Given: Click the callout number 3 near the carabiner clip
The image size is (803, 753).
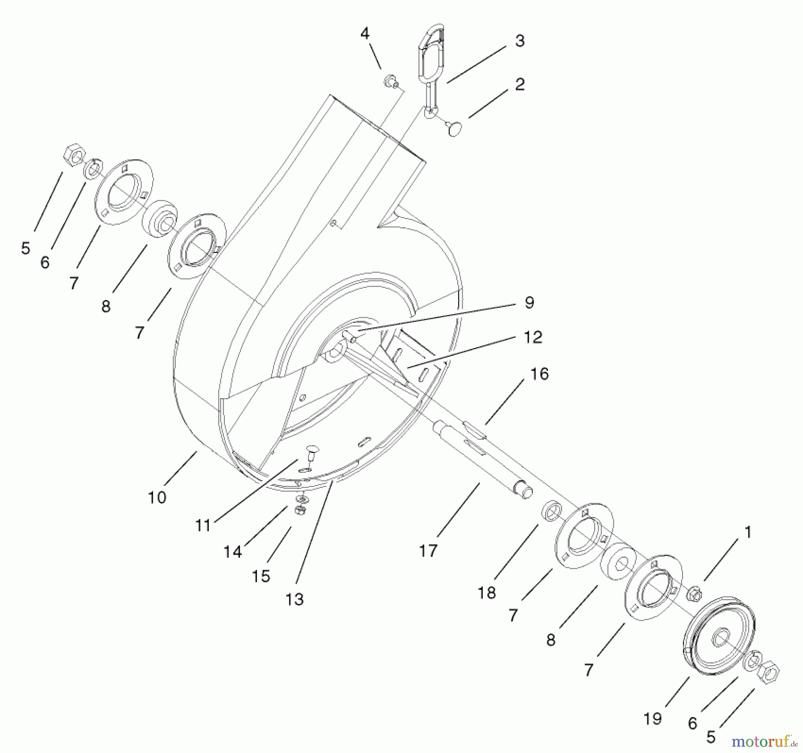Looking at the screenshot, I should point(519,41).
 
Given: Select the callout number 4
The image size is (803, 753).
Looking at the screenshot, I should point(365,33).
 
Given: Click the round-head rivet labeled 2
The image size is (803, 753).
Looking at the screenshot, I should point(455,129).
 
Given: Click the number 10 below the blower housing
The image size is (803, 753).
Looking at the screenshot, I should point(157,497).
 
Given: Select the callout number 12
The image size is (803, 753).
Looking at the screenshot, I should point(532,337).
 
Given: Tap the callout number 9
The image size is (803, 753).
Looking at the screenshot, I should point(529,303).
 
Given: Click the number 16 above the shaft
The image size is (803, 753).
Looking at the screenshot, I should point(539,374).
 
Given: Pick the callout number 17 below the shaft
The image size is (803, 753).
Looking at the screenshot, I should point(428,551).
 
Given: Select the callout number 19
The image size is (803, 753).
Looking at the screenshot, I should point(652,719).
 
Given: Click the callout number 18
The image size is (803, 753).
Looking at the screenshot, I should point(487,593).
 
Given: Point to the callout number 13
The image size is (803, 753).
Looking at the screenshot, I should point(294,600).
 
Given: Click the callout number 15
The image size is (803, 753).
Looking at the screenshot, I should point(261,576).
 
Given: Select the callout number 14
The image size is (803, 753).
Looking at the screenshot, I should point(232,552).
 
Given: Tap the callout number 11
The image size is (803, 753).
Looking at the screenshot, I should point(203,526).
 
